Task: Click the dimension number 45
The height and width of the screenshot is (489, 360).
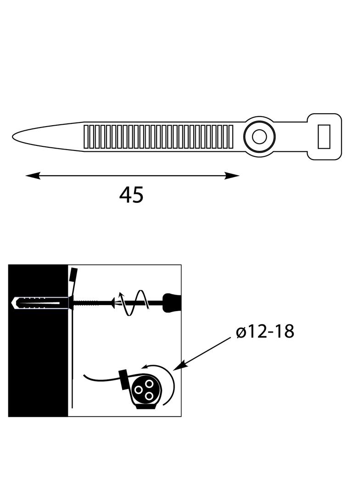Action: tap(131, 195)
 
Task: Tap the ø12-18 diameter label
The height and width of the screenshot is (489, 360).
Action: tap(265, 331)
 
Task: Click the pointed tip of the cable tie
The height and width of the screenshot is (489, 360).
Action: tap(14, 136)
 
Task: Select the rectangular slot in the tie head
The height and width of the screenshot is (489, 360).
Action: tap(324, 137)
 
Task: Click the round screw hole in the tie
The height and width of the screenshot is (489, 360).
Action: tap(259, 137)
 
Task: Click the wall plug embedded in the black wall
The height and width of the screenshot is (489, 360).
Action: tap(39, 303)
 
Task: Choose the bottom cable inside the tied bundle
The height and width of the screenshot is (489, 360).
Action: tap(149, 394)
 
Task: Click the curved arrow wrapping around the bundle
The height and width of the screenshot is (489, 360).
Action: tap(168, 381)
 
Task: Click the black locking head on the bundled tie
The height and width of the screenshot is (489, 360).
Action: tap(124, 380)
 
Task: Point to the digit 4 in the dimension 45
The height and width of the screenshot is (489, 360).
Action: tap(125, 195)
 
